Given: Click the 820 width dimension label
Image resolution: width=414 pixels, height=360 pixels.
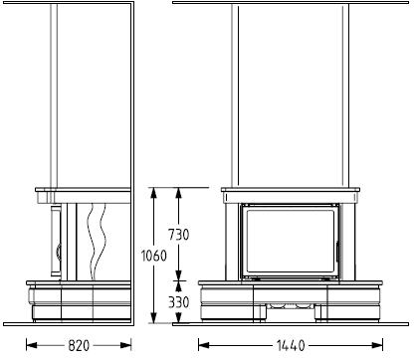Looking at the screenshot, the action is pos(79,346).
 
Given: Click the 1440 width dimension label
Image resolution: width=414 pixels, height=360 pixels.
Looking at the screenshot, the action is pos(291,346).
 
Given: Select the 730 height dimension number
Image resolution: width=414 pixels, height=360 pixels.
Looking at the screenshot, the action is pos(179,235).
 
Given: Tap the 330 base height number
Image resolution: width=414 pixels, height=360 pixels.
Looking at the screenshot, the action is pos(179,302).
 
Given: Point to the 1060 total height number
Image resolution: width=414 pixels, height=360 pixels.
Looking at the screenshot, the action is pos(153,256).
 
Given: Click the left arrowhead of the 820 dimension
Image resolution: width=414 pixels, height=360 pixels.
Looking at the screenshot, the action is pos(31,345).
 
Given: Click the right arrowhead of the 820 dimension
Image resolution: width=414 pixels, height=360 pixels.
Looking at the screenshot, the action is pos(126,345).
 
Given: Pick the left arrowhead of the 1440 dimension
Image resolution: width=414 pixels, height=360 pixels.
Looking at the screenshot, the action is pos(204,345).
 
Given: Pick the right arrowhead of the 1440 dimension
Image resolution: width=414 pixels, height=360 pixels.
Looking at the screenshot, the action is pos(377,345).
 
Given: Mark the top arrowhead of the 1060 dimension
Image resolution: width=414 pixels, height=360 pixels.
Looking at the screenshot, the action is pos(153,193).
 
